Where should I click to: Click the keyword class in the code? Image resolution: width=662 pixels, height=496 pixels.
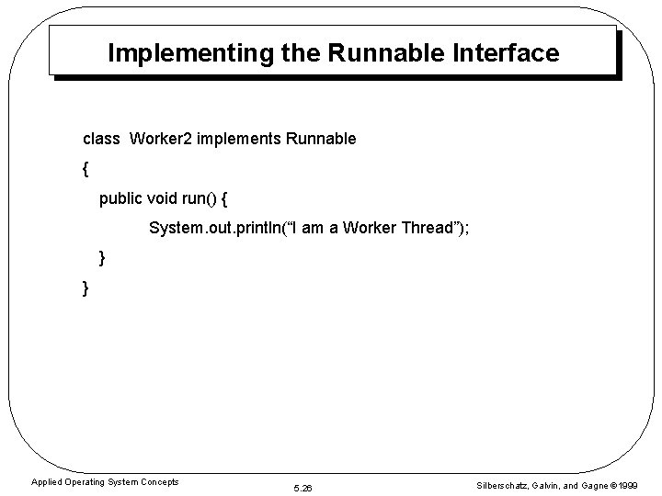coord(101,140)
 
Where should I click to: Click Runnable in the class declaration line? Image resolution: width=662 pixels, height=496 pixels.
coord(322,140)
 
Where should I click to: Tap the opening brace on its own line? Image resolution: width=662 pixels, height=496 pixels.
coord(86,170)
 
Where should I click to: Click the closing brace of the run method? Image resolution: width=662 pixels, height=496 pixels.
coord(102,259)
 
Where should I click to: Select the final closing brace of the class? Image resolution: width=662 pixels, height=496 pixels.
coord(86,288)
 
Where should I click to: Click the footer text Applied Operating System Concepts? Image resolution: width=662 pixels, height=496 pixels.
coord(105,482)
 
